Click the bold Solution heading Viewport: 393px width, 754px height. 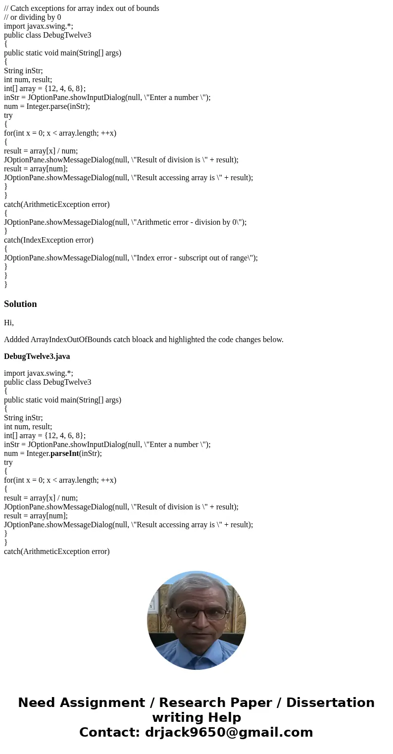pyautogui.click(x=20, y=304)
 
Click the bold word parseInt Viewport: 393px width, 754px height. pyautogui.click(x=64, y=453)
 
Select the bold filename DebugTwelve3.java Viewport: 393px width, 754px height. pyautogui.click(x=37, y=356)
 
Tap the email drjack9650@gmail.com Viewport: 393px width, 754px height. pyautogui.click(x=229, y=732)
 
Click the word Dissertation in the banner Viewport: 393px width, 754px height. pyautogui.click(x=330, y=703)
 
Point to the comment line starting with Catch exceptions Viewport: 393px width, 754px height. pyautogui.click(x=82, y=8)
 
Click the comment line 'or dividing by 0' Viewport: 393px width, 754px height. pyautogui.click(x=33, y=17)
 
